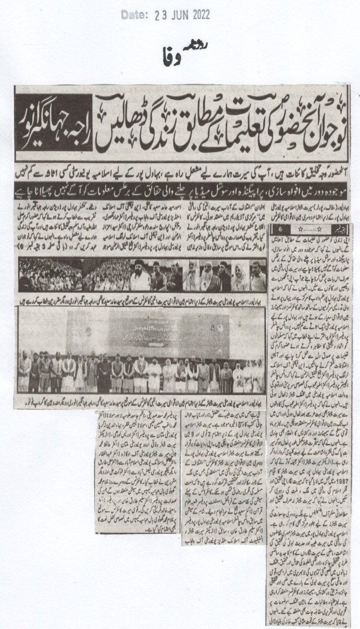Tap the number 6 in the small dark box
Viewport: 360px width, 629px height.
(280, 214)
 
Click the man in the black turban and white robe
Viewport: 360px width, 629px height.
(141, 276)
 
